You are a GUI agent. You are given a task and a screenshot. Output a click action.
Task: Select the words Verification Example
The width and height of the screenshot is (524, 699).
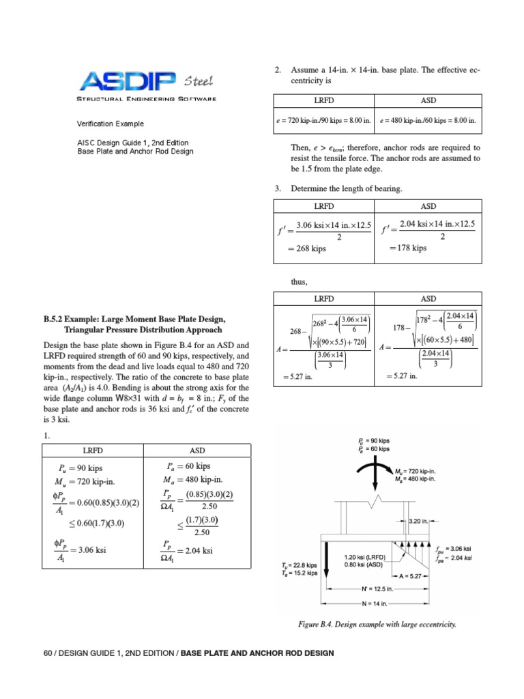(109, 124)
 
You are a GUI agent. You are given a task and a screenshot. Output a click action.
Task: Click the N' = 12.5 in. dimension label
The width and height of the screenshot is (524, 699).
(377, 588)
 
